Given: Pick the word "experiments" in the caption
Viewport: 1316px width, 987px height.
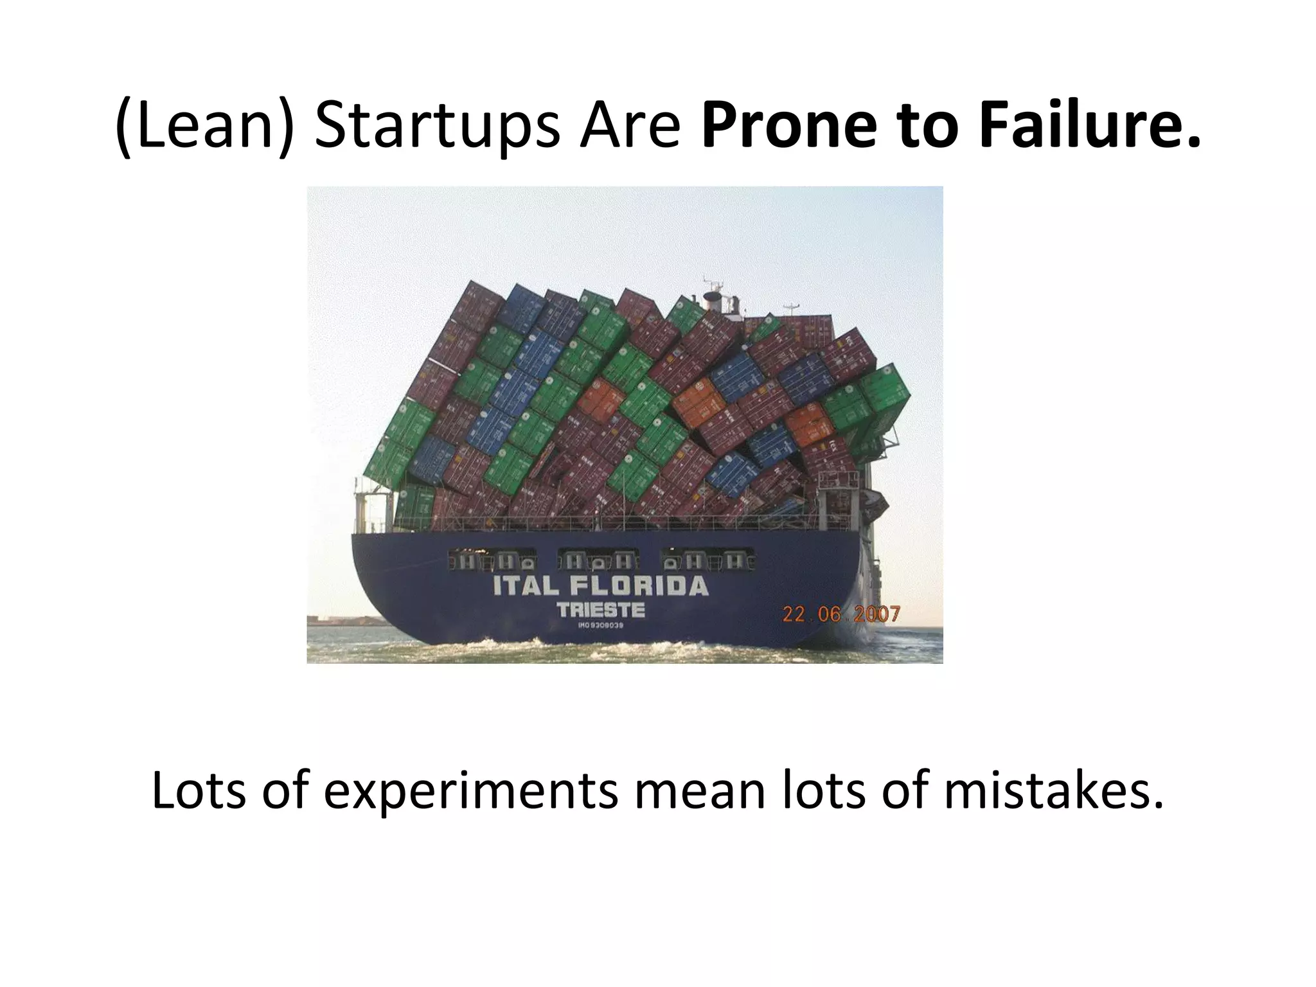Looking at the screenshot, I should point(470,790).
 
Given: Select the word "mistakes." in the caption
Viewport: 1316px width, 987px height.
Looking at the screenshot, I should point(1054,790).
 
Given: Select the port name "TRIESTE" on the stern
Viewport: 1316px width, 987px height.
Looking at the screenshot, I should point(600,610).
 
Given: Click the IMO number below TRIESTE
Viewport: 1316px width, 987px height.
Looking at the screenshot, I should point(601,625).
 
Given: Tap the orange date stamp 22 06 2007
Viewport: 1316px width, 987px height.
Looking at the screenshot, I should point(840,614).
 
